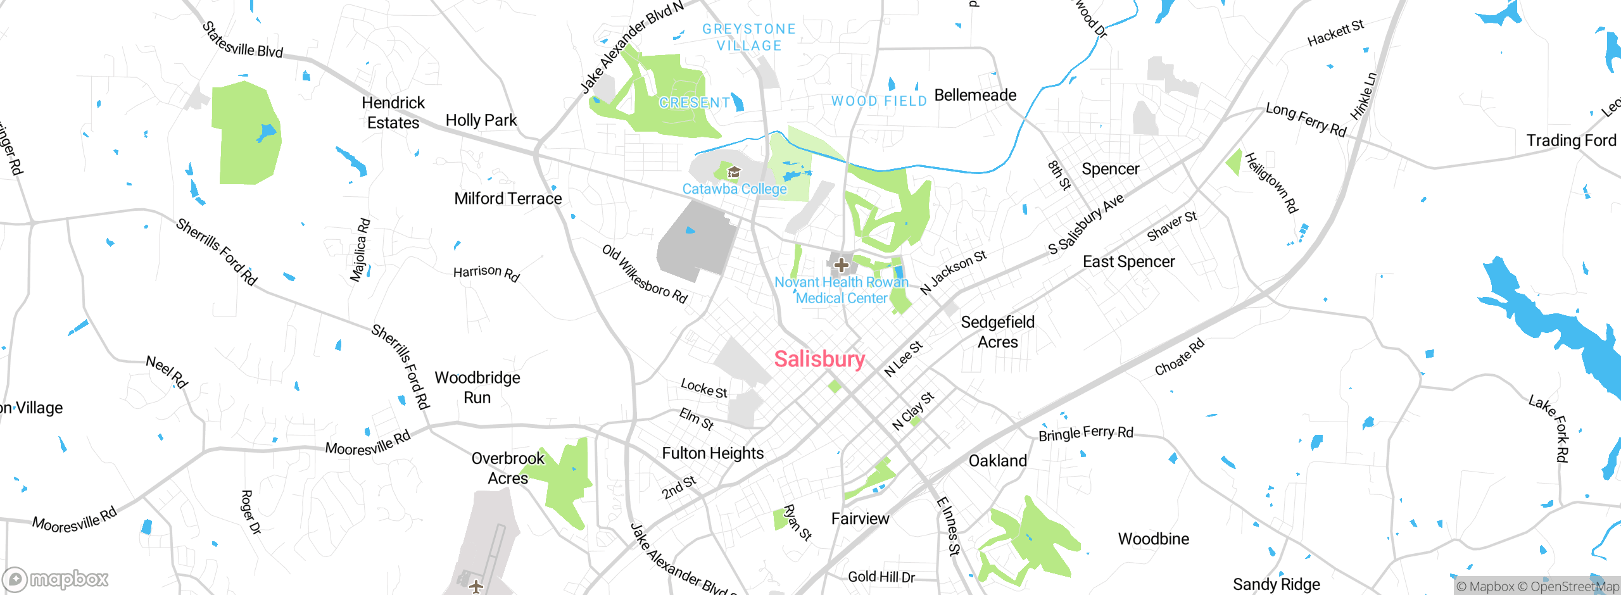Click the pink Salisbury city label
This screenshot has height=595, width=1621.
click(x=819, y=359)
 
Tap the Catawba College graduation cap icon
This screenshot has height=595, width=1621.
click(x=733, y=172)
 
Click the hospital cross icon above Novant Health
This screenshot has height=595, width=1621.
click(x=841, y=265)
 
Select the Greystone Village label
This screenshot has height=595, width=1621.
click(x=749, y=37)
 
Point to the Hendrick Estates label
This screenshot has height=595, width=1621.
click(x=393, y=113)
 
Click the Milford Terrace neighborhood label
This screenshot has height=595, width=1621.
click(x=508, y=199)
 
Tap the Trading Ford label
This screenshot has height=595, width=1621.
click(x=1570, y=141)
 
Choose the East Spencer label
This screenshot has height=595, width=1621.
click(x=1128, y=262)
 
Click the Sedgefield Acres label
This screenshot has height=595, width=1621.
click(x=997, y=332)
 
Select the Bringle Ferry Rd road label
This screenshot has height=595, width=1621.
click(x=1085, y=434)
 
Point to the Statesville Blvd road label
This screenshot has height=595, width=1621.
click(x=243, y=41)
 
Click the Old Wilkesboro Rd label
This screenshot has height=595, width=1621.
click(x=644, y=274)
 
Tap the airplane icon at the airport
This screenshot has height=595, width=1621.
click(x=476, y=586)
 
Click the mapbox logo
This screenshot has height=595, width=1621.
click(x=56, y=579)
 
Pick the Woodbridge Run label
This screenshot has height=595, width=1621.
click(x=477, y=387)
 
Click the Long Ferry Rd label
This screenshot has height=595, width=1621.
click(x=1306, y=119)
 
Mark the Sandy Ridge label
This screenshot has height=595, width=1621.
click(x=1276, y=584)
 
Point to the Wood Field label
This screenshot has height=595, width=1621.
click(x=879, y=101)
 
